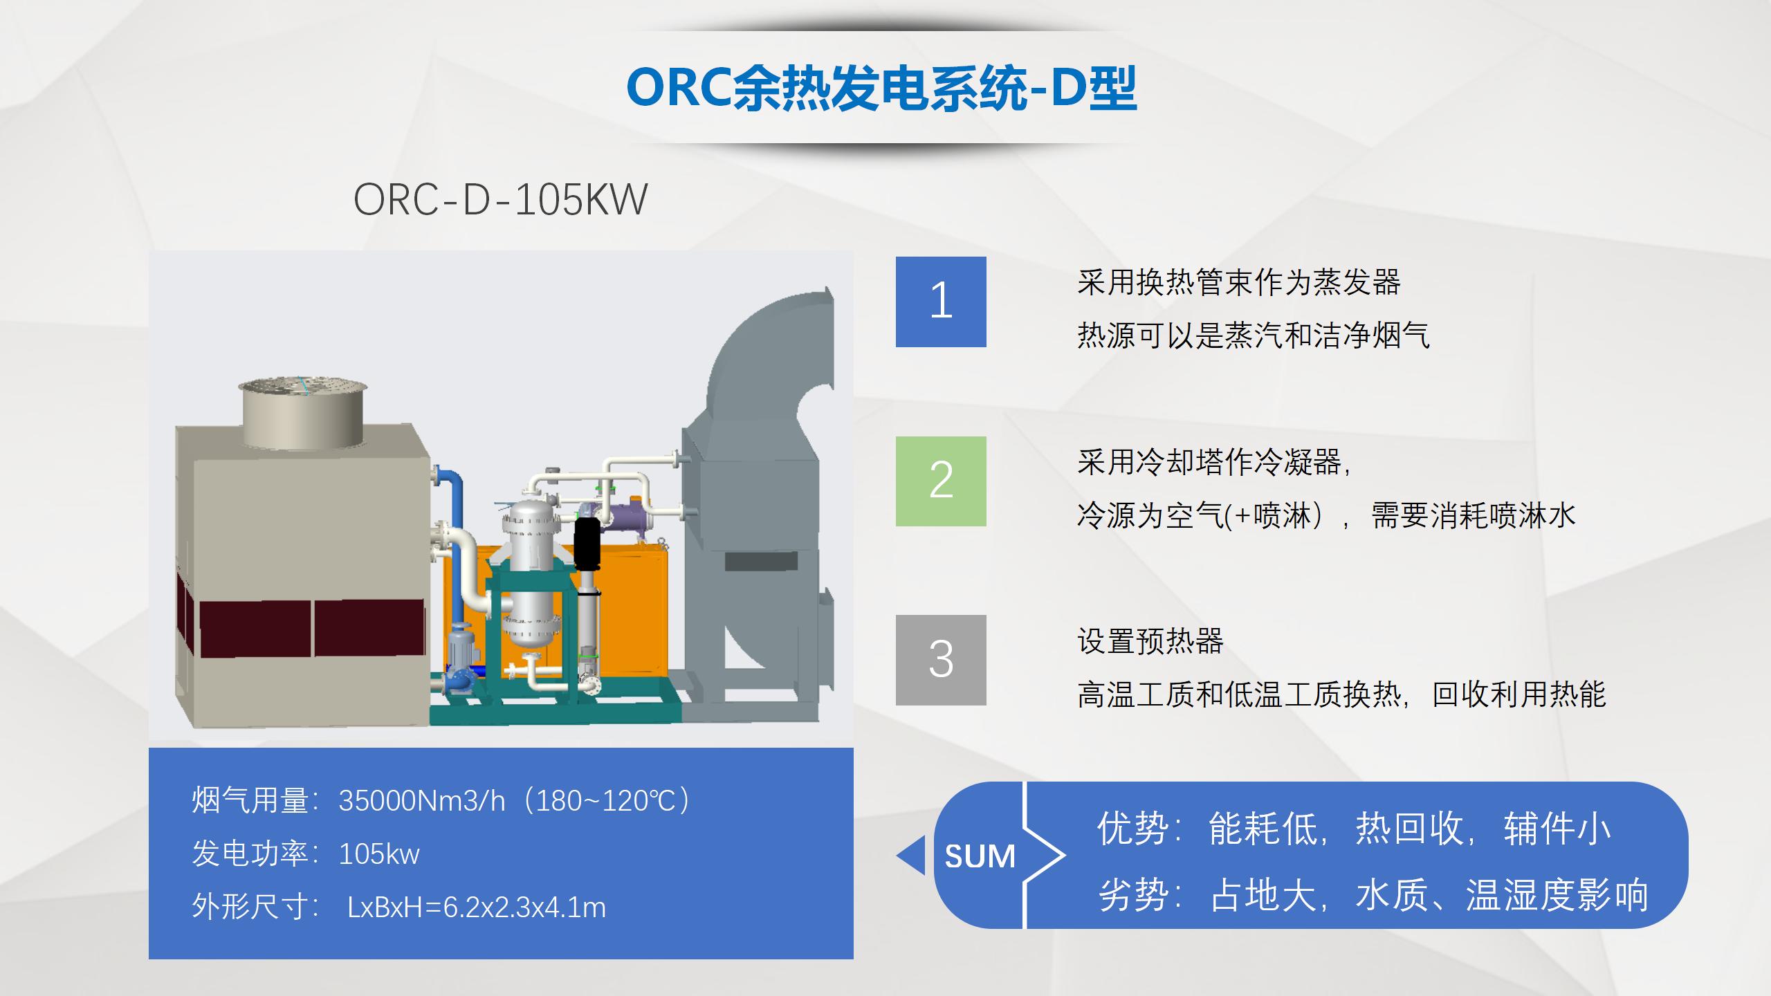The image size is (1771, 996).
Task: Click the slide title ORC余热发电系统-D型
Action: point(881,89)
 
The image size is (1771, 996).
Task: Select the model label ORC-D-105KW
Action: point(500,200)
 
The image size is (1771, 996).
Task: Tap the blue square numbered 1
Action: point(941,302)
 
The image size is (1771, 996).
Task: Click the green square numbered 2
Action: point(941,481)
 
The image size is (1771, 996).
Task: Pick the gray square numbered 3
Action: point(941,660)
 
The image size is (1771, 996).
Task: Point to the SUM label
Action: point(980,856)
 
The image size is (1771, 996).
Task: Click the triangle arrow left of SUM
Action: point(911,856)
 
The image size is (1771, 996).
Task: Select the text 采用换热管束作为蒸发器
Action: point(1238,282)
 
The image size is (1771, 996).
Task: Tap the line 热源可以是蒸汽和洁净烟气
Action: point(1253,335)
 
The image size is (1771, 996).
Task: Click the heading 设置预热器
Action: point(1150,640)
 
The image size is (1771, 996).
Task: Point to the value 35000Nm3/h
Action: point(421,801)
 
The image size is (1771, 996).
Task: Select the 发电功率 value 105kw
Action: point(379,854)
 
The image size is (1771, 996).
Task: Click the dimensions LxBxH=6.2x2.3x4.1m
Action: point(477,907)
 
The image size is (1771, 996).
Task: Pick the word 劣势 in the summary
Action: point(1132,895)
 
